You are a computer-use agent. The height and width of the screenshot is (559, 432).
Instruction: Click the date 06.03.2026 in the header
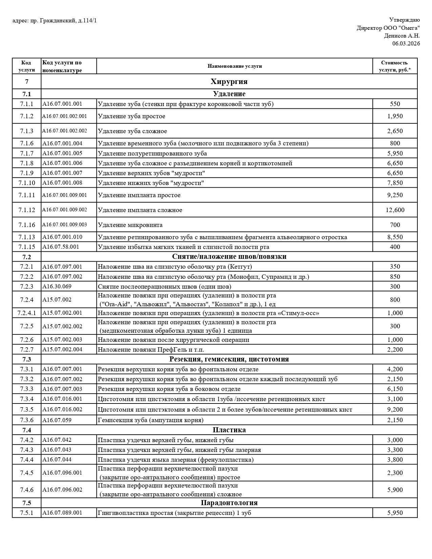pyautogui.click(x=406, y=43)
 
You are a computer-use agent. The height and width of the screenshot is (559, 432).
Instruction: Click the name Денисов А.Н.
pyautogui.click(x=402, y=36)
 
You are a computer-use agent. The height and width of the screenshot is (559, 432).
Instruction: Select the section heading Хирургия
pyautogui.click(x=229, y=82)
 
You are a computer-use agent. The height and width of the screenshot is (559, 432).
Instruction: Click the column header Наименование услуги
pyautogui.click(x=234, y=66)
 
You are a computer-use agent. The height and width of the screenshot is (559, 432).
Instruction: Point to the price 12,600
pyautogui.click(x=395, y=210)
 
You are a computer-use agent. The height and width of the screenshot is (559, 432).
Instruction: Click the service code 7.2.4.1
pyautogui.click(x=26, y=313)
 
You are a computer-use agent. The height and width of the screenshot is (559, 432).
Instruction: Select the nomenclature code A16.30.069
pyautogui.click(x=57, y=287)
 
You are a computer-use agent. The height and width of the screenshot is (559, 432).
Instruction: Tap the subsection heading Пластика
pyautogui.click(x=229, y=430)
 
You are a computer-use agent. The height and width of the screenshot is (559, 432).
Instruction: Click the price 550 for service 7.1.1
pyautogui.click(x=395, y=104)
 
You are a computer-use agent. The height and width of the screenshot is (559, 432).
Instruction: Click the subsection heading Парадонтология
pyautogui.click(x=229, y=503)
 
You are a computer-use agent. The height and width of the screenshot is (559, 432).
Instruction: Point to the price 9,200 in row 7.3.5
pyautogui.click(x=395, y=410)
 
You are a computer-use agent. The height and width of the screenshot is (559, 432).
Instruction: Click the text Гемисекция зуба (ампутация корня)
pyautogui.click(x=150, y=420)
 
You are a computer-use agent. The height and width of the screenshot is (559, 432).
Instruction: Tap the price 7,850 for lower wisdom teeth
pyautogui.click(x=395, y=183)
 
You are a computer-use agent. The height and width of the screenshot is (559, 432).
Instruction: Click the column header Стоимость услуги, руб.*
pyautogui.click(x=395, y=66)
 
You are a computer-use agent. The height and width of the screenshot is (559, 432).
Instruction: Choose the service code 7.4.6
pyautogui.click(x=26, y=490)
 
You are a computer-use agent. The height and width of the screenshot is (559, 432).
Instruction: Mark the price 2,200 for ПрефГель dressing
pyautogui.click(x=395, y=350)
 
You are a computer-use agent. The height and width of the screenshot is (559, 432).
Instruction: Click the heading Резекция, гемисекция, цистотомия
pyautogui.click(x=229, y=359)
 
